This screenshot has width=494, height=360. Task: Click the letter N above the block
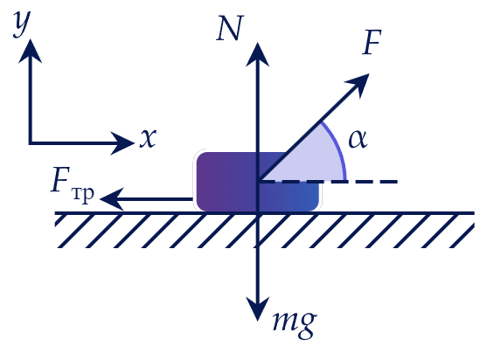tap(230, 28)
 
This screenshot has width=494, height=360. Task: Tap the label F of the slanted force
tap(372, 42)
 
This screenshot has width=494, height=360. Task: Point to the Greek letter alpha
tap(358, 139)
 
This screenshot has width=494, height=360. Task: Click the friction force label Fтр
tap(73, 184)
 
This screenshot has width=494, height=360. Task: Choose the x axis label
tap(148, 138)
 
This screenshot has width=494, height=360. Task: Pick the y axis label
tap(22, 23)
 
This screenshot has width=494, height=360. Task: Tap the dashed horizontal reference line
tap(328, 182)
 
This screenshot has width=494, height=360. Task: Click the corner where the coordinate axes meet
tap(31, 143)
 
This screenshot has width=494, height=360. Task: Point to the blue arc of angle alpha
tap(339, 148)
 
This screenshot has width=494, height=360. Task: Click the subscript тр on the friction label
tap(83, 194)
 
